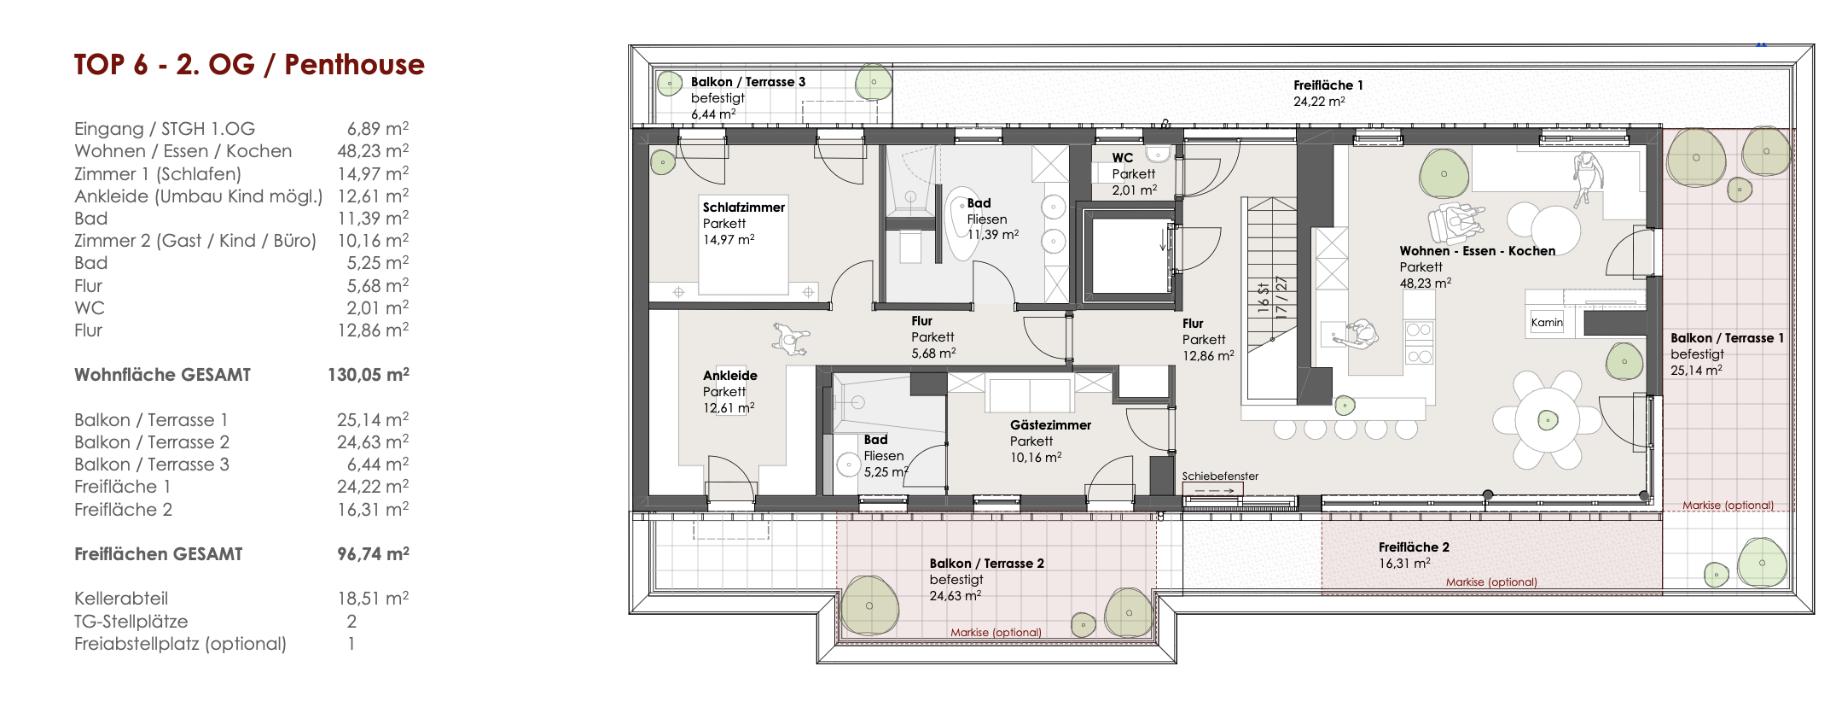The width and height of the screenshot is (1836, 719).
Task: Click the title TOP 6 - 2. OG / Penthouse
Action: pyautogui.click(x=249, y=65)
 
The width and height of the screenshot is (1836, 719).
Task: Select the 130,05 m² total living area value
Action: pyautogui.click(x=369, y=374)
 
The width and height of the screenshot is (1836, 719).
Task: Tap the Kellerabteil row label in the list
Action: pyautogui.click(x=121, y=599)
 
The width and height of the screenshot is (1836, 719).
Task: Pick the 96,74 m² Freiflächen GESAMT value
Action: pyautogui.click(x=373, y=553)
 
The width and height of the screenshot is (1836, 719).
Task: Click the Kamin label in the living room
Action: pyautogui.click(x=1547, y=322)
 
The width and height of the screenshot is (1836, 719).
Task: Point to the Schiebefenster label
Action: pyautogui.click(x=1220, y=476)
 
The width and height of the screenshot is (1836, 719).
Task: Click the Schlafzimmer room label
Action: pyautogui.click(x=744, y=207)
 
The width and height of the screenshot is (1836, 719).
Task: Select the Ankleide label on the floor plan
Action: pyautogui.click(x=730, y=375)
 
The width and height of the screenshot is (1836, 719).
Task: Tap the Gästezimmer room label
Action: pyautogui.click(x=1050, y=424)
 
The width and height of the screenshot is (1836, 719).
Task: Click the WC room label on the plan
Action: pyautogui.click(x=1123, y=157)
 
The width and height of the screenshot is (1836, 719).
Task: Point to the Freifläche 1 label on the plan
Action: pyautogui.click(x=1328, y=85)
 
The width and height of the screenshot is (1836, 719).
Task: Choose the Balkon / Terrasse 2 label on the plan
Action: pyautogui.click(x=987, y=563)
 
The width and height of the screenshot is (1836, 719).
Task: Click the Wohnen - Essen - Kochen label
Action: pyautogui.click(x=1478, y=250)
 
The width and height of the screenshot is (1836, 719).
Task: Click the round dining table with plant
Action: pyautogui.click(x=1548, y=419)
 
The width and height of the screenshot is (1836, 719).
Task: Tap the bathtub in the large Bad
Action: pyautogui.click(x=964, y=224)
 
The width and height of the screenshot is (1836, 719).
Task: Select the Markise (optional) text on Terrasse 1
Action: pyautogui.click(x=1728, y=506)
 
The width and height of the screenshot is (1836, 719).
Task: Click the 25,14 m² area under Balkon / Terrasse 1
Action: pyautogui.click(x=1696, y=370)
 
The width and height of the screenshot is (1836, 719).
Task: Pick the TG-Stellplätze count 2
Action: pyautogui.click(x=352, y=621)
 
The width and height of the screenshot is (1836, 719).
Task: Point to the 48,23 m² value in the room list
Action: pyautogui.click(x=373, y=150)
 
